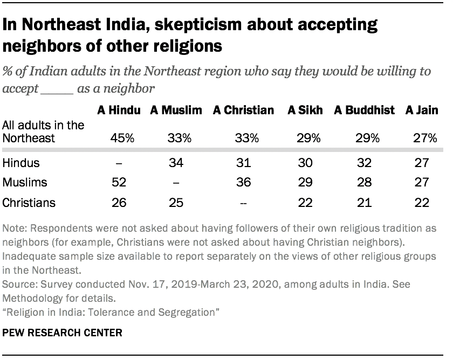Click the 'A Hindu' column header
(x=119, y=111)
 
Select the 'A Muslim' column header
(x=176, y=111)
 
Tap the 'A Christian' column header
(x=243, y=111)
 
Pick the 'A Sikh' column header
(x=305, y=111)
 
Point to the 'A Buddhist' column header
(x=365, y=111)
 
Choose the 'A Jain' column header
(x=422, y=111)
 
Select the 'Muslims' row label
(x=24, y=183)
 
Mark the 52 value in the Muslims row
(x=119, y=183)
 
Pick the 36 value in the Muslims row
(x=243, y=183)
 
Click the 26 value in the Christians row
(x=119, y=203)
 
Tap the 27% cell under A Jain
(x=425, y=138)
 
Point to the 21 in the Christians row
(x=365, y=203)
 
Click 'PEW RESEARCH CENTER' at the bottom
(x=62, y=333)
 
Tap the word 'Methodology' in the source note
(x=31, y=297)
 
